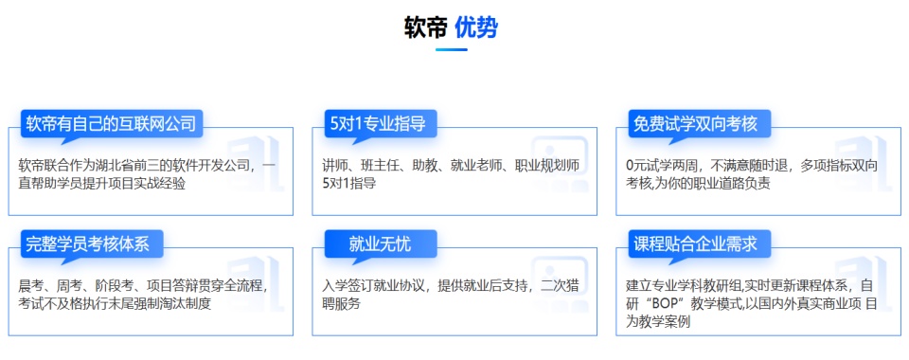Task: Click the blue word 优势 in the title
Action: point(476,28)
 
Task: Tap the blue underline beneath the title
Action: point(452,49)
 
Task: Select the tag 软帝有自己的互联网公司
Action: point(111,123)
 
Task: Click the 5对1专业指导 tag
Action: point(377,123)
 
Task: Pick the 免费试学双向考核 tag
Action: point(696,123)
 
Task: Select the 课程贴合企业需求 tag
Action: point(696,243)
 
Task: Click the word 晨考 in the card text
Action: point(31,286)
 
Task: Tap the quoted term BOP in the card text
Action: point(675,304)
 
